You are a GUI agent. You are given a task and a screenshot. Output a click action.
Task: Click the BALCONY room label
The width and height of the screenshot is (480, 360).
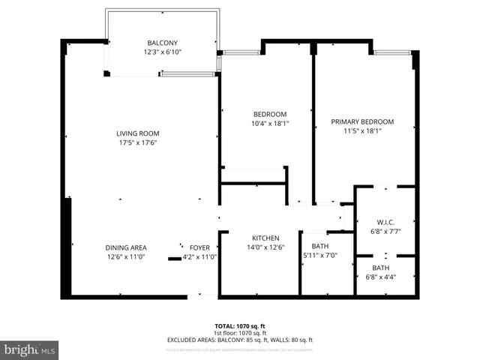163,43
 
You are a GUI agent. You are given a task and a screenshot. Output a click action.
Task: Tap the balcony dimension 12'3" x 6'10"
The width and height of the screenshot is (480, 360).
163,52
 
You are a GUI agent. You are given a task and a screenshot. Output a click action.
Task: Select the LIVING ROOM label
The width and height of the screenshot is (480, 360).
137,134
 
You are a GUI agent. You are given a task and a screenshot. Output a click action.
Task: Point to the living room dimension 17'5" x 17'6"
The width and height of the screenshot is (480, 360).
137,143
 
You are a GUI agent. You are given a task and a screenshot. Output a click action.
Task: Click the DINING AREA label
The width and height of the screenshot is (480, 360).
126,247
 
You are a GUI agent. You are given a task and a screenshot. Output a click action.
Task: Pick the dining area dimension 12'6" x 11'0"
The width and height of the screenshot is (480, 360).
126,256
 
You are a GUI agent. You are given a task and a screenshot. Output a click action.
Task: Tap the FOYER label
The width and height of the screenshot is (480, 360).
199,247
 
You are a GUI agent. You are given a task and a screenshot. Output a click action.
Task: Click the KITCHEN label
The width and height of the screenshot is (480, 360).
265,237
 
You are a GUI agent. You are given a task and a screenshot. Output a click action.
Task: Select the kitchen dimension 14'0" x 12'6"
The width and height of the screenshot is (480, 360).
265,246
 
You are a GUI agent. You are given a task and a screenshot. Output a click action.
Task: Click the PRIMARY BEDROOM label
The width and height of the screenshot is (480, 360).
362,121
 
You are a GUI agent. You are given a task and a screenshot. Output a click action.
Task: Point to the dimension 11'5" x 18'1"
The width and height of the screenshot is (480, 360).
362,130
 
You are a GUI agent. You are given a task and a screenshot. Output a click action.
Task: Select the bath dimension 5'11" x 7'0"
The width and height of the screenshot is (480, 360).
319,255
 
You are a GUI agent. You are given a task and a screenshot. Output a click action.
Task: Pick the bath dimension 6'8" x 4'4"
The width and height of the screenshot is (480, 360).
380,277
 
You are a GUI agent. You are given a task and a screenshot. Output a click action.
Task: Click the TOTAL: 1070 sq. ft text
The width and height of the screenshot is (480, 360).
239,326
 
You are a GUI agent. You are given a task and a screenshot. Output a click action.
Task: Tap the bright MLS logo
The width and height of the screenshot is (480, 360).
30,350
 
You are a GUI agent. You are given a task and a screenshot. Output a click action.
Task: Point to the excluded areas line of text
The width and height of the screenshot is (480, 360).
239,340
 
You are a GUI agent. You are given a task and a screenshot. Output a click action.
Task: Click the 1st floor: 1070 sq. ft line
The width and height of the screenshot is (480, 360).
239,333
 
